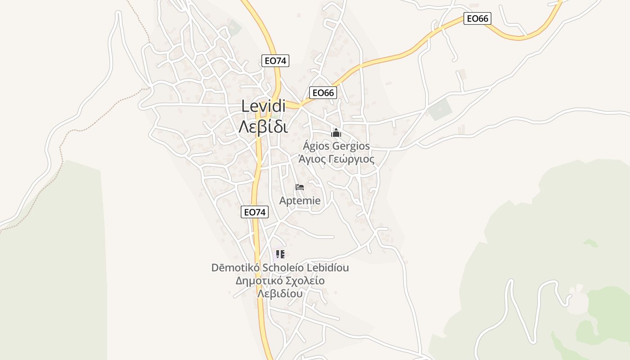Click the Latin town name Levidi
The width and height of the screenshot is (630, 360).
[264, 106]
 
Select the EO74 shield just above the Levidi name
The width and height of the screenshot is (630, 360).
[275, 61]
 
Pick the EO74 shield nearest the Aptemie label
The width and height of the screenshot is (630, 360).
[255, 212]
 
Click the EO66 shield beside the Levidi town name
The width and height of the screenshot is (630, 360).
[323, 93]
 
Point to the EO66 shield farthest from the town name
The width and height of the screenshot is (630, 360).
[477, 18]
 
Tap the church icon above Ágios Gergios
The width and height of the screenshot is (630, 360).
[336, 133]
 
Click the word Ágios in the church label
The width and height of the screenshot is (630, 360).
[316, 146]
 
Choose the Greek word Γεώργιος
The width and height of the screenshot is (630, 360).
[351, 159]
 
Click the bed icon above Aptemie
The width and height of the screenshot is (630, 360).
[300, 187]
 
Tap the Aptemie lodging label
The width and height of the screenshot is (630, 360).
[300, 201]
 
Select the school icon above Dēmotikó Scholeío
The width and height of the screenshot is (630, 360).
[280, 254]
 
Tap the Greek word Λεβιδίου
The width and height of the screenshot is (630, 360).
[279, 294]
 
